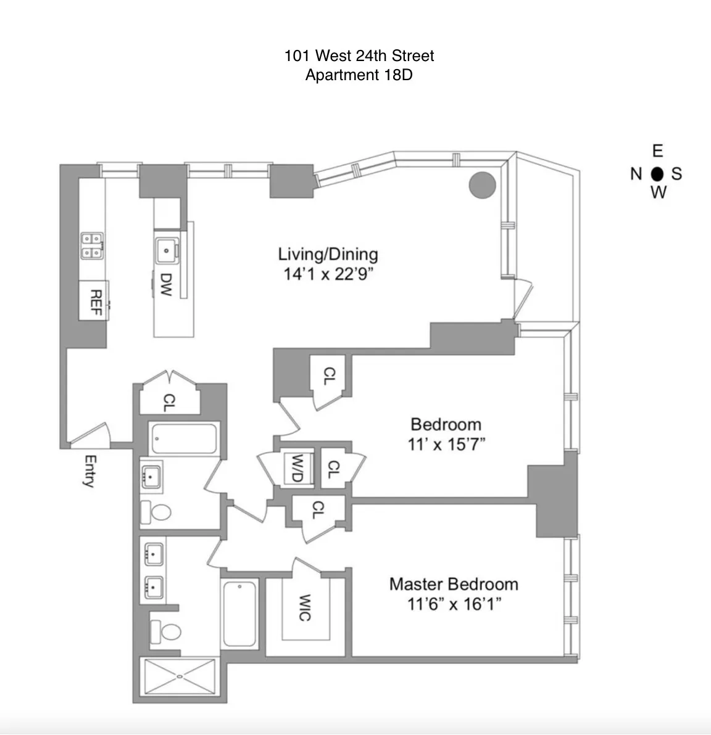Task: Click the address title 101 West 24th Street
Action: tap(359, 55)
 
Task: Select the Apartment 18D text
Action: tap(359, 75)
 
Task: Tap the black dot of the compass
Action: tap(657, 173)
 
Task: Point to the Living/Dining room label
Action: tap(328, 254)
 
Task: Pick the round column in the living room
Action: tap(482, 184)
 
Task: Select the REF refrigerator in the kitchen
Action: tap(94, 300)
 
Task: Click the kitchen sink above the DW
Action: tap(167, 250)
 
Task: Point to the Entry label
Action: tap(90, 472)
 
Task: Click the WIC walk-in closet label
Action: tap(304, 608)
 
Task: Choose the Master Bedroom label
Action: tap(453, 584)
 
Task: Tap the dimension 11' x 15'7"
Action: tap(446, 444)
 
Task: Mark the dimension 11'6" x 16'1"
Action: tap(453, 604)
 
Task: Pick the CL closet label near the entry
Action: tap(168, 403)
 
